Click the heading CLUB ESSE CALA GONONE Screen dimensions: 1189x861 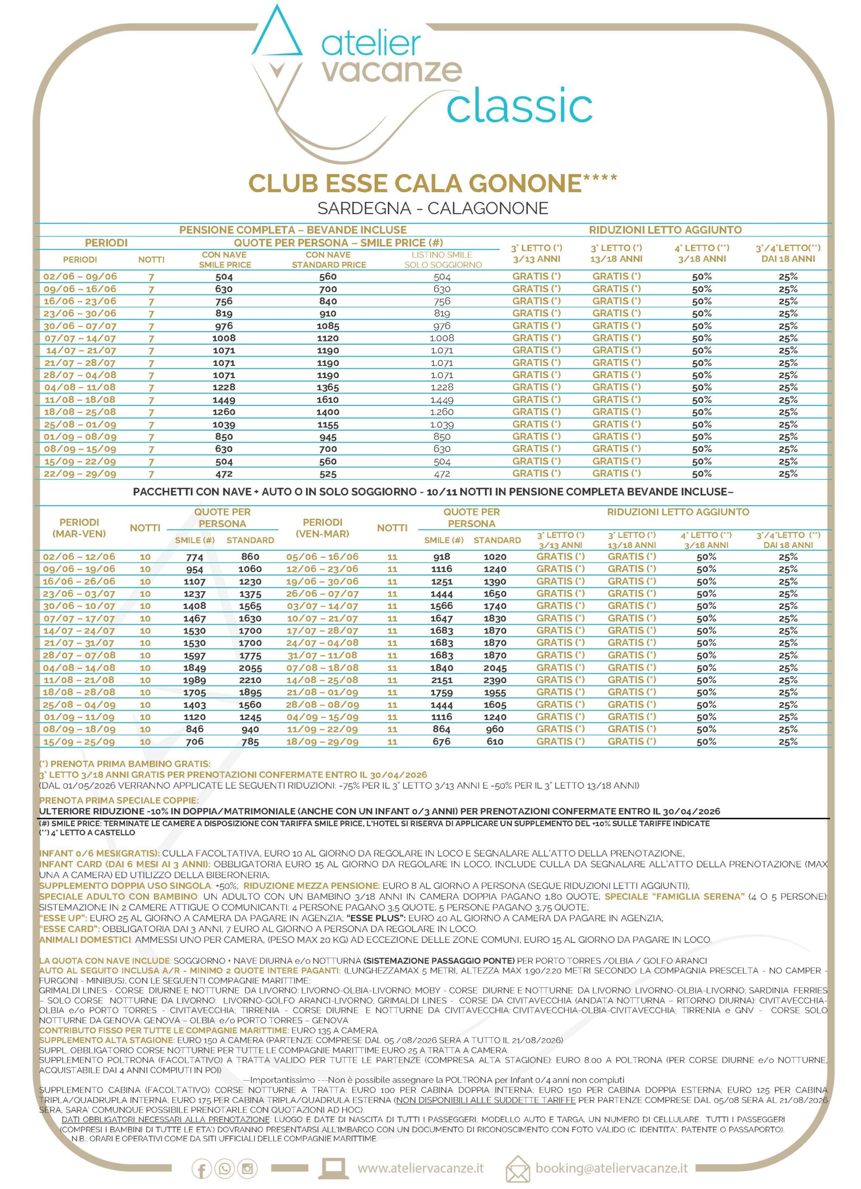pos(415,183)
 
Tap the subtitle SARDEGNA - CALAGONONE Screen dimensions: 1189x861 pos(432,208)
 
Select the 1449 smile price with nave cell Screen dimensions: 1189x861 pos(224,399)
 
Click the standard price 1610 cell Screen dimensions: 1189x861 pos(328,399)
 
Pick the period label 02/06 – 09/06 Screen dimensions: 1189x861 pos(80,276)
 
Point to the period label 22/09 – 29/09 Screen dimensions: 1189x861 pos(80,473)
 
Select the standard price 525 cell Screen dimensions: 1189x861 pos(328,473)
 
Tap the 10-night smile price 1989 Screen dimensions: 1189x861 pos(195,680)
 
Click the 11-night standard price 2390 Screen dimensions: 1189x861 pos(495,680)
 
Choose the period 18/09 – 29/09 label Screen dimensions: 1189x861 pos(322,741)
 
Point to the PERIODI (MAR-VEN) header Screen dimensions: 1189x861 pos(79,528)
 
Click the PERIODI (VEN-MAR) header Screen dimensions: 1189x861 pos(322,528)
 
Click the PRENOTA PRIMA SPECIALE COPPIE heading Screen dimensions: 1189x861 pos(119,801)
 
